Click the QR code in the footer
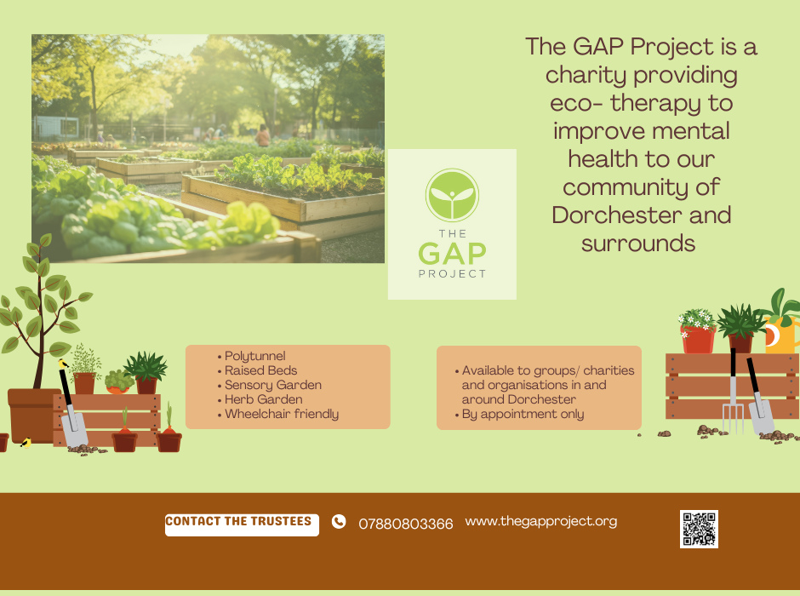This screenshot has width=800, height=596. tap(699, 529)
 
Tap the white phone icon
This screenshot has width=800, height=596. tap(339, 521)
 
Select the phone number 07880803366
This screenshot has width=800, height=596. tap(406, 524)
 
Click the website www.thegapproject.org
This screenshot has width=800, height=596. tap(540, 521)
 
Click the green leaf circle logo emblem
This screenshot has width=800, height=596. tap(452, 196)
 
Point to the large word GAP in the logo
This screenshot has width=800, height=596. tap(452, 253)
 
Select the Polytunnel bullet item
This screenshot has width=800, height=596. tap(254, 356)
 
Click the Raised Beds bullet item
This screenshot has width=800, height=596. tap(260, 370)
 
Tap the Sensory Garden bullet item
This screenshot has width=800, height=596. tap(273, 385)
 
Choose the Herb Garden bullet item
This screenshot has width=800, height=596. tap(263, 399)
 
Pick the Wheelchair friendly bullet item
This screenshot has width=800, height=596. tap(282, 414)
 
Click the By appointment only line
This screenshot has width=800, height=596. tap(523, 414)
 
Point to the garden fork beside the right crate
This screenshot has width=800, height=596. tap(733, 392)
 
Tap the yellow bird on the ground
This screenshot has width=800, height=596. tap(26, 442)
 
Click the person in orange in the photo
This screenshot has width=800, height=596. tap(263, 135)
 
